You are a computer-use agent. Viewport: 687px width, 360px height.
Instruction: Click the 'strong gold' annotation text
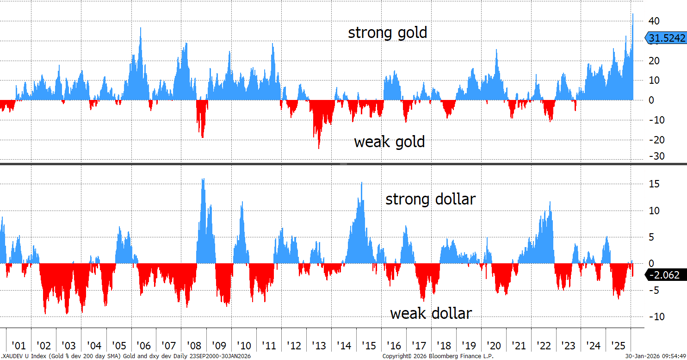[388, 33]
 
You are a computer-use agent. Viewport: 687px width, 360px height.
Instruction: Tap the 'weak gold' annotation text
[389, 142]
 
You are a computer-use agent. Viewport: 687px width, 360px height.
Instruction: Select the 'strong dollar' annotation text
[430, 199]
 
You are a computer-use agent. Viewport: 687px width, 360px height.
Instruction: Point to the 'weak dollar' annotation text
[431, 314]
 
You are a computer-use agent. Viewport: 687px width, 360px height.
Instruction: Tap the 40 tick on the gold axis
[653, 21]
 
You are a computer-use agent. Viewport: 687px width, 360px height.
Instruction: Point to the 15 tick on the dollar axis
[653, 184]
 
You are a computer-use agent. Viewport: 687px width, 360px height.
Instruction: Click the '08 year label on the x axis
[194, 346]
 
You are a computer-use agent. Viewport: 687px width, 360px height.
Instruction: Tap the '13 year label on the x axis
[319, 346]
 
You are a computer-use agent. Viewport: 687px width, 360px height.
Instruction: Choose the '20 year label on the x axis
[494, 346]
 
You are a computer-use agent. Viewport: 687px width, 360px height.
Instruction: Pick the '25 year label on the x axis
[618, 346]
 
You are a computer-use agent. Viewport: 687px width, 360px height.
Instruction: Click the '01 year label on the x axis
[19, 346]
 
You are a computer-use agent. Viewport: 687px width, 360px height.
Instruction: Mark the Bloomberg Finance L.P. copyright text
[438, 356]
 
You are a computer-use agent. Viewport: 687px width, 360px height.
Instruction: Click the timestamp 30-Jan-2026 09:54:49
[655, 356]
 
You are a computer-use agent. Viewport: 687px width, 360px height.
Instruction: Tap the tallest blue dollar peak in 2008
[203, 180]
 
